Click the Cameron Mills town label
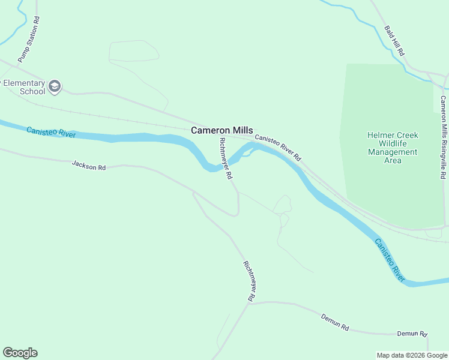click(221, 130)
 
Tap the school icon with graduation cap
click(55, 87)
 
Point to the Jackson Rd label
click(88, 165)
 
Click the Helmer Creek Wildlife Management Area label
click(393, 148)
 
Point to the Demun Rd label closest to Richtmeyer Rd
click(334, 322)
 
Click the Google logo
click(20, 353)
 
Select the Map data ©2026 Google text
click(411, 355)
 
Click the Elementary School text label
click(24, 88)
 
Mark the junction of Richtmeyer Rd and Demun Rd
click(249, 303)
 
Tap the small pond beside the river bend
click(247, 154)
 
